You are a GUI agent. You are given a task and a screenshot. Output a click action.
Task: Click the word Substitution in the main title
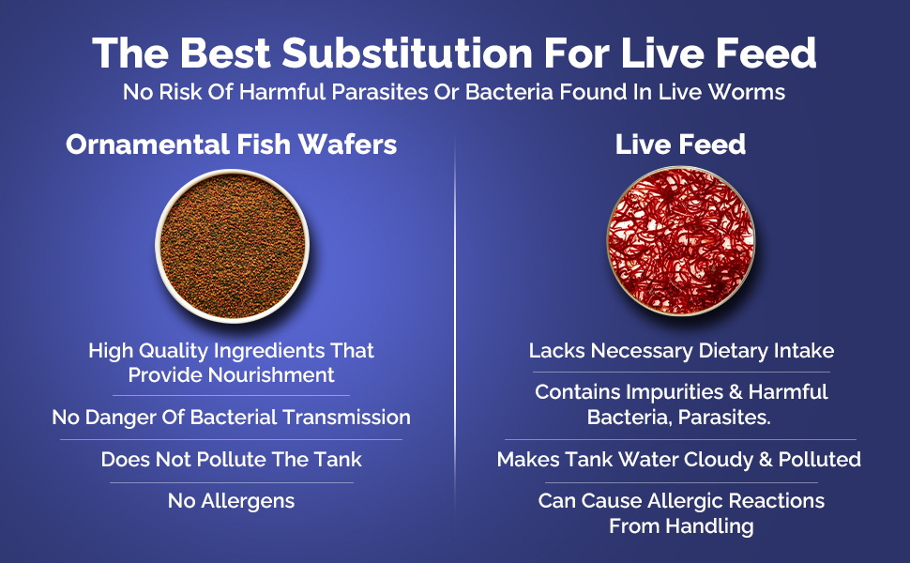[x=407, y=53]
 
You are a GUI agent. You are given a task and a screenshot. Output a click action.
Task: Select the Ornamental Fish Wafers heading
[x=231, y=144]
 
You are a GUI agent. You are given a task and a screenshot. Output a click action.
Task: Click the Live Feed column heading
[x=680, y=144]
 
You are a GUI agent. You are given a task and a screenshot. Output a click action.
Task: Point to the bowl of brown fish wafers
[x=232, y=246]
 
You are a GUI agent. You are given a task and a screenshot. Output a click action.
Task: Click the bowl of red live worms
[x=681, y=241]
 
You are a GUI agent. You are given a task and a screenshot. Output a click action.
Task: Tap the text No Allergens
[x=231, y=500]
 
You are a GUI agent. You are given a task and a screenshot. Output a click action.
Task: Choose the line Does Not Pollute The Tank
[x=231, y=459]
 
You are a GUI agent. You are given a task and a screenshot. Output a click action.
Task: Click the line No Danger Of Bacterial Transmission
[x=231, y=417]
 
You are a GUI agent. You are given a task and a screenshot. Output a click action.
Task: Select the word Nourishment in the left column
[x=272, y=375]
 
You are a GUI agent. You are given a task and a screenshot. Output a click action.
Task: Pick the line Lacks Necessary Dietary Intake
[x=681, y=351]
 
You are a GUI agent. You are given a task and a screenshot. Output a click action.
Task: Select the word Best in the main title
[x=225, y=53]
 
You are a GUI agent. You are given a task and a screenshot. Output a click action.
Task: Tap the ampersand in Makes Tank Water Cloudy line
[x=766, y=459]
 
